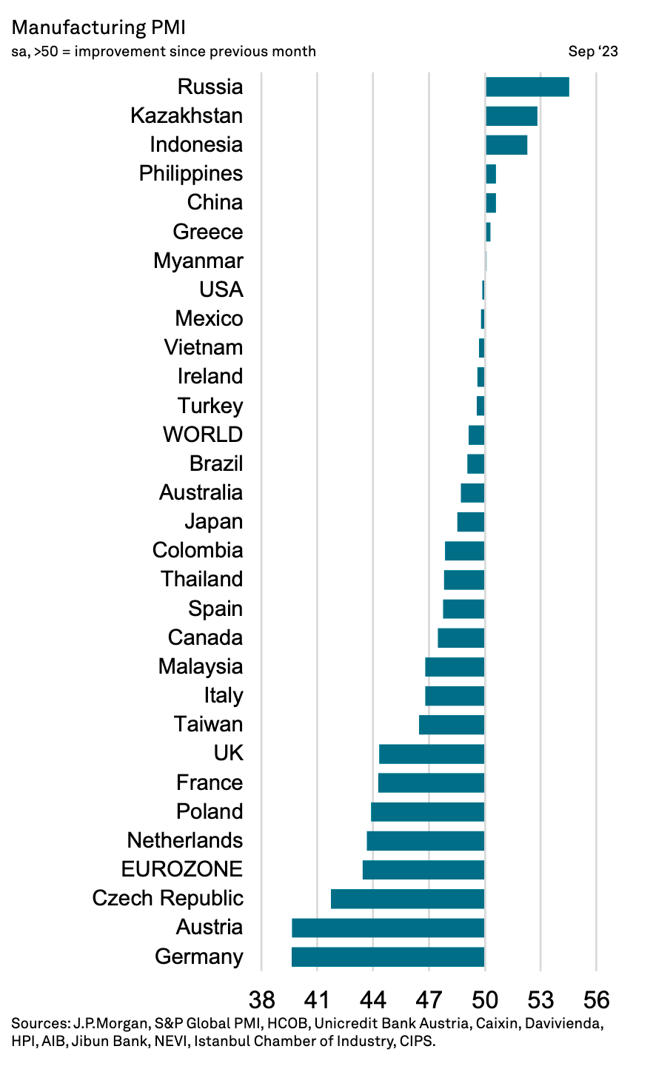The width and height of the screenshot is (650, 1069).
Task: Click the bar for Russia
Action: coord(527,87)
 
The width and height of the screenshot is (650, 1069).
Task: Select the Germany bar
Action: coord(388,956)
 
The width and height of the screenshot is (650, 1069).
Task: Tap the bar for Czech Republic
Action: coord(407,899)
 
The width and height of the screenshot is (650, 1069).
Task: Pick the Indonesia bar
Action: coord(506,144)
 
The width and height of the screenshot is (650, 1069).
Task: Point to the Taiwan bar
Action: coord(452,725)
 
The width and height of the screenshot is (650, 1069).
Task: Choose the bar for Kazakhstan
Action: coord(512,115)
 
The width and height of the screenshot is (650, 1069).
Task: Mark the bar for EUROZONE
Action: coord(423,870)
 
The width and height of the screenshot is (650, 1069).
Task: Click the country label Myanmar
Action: coord(198,261)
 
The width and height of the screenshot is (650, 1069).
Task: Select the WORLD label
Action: coord(203,435)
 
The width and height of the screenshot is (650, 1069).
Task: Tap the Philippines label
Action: coord(191,173)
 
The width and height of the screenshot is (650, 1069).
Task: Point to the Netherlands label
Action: coord(185,840)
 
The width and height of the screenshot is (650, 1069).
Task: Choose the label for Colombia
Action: coord(198,550)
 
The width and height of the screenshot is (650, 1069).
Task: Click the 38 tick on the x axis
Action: coord(262,1000)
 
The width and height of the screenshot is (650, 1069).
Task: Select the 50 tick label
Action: coord(485,1000)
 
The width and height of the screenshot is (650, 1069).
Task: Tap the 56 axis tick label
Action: coord(596,1000)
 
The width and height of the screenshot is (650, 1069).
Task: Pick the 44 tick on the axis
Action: coord(373,1000)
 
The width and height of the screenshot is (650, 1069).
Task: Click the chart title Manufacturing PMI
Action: coord(98,27)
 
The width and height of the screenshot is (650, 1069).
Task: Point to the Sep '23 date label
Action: coord(593,51)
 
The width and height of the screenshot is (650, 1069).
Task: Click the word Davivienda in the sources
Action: coord(564,1025)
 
